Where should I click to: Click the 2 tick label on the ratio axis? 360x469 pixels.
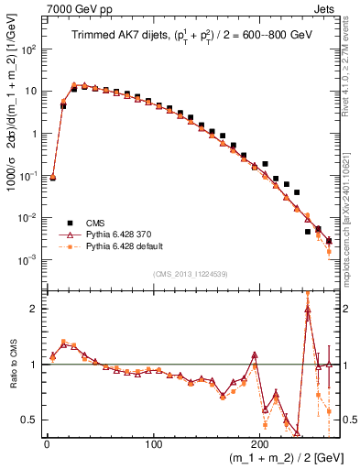33,309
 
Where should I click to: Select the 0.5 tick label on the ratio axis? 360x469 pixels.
28,420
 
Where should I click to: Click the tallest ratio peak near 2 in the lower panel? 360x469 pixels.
308,309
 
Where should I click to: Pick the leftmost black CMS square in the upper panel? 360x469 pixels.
52,177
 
